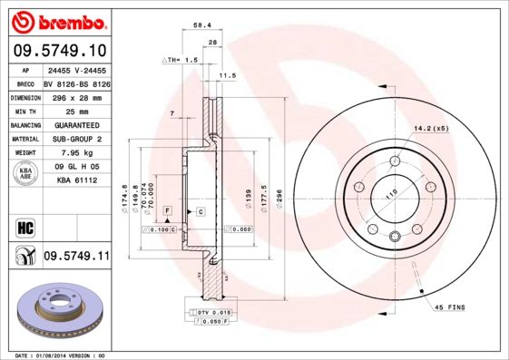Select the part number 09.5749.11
76,257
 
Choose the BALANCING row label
24,124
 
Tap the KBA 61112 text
76,180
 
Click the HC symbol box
25,227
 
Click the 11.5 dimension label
228,76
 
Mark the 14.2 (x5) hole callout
431,128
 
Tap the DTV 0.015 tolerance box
214,312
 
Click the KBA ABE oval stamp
26,173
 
